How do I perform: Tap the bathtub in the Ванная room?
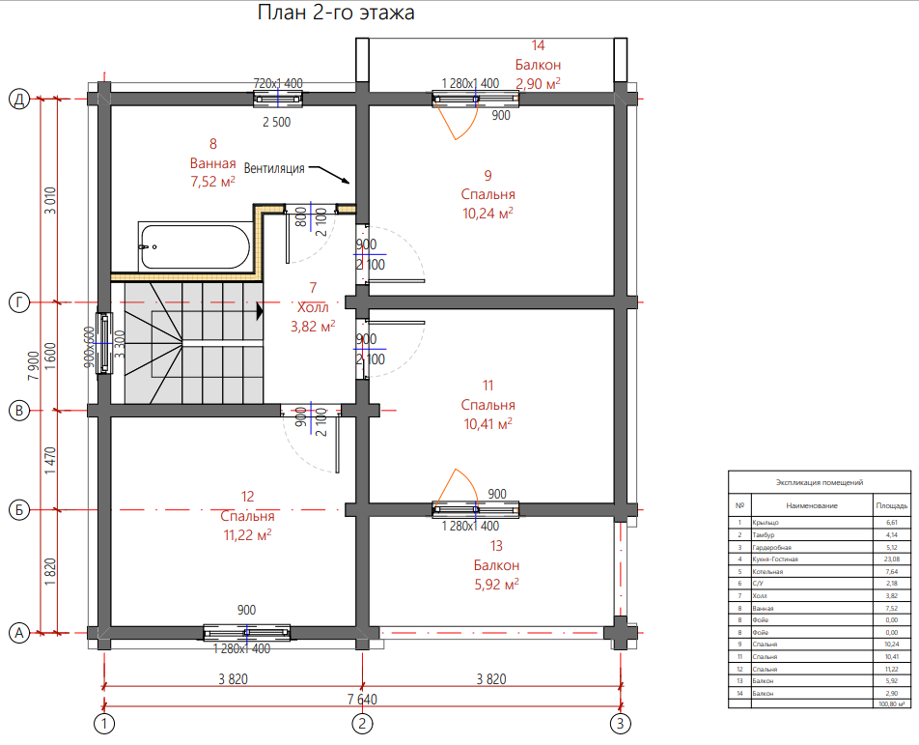[194, 247]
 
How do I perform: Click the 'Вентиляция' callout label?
[274, 168]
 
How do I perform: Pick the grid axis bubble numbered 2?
[361, 723]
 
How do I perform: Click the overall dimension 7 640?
[361, 700]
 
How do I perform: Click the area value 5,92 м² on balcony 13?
[496, 583]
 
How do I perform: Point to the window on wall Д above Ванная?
[278, 98]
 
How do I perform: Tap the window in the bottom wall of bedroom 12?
[247, 633]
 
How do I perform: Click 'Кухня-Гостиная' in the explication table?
[775, 559]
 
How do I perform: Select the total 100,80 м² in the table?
[889, 704]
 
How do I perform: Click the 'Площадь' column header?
[890, 505]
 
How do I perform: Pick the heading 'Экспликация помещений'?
[819, 481]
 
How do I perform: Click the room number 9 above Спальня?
[487, 176]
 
